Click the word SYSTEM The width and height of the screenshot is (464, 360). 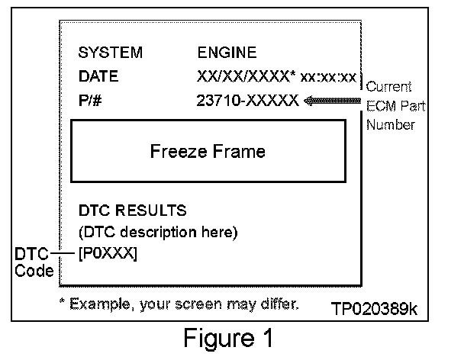[110, 53]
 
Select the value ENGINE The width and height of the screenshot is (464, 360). [227, 53]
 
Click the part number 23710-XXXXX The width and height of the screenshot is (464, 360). [246, 100]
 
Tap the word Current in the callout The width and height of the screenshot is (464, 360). [389, 88]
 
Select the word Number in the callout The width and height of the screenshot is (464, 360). [390, 124]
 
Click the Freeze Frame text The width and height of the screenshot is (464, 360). [208, 151]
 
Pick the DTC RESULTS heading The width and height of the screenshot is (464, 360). [133, 210]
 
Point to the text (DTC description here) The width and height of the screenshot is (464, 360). [159, 231]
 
